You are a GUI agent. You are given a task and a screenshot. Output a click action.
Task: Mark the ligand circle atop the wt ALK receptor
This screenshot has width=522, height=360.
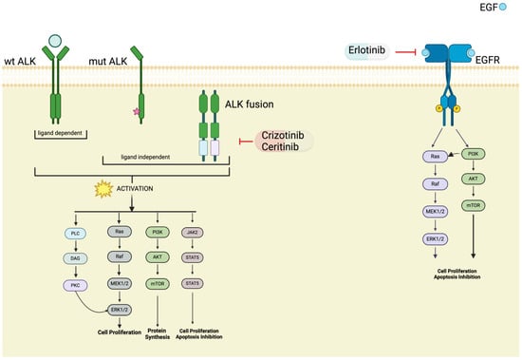pyautogui.click(x=57, y=41)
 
